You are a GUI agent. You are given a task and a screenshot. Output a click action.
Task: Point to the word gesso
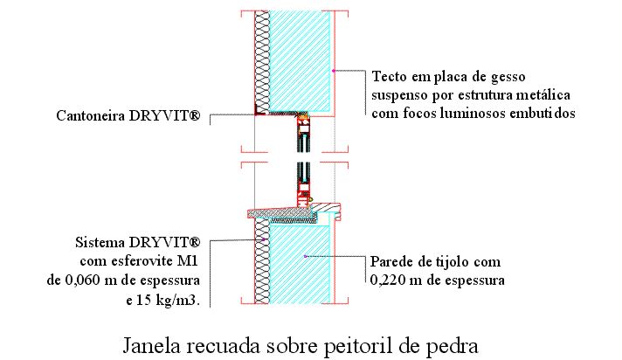pyautogui.click(x=508, y=76)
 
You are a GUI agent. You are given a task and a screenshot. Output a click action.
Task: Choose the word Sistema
pyautogui.click(x=100, y=242)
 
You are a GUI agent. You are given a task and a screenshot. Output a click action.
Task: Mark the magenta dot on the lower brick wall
pyautogui.click(x=305, y=256)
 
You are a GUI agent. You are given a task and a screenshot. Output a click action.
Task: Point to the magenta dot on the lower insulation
pyautogui.click(x=263, y=239)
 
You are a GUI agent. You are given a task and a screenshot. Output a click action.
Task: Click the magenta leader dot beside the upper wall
pyautogui.click(x=334, y=71)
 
